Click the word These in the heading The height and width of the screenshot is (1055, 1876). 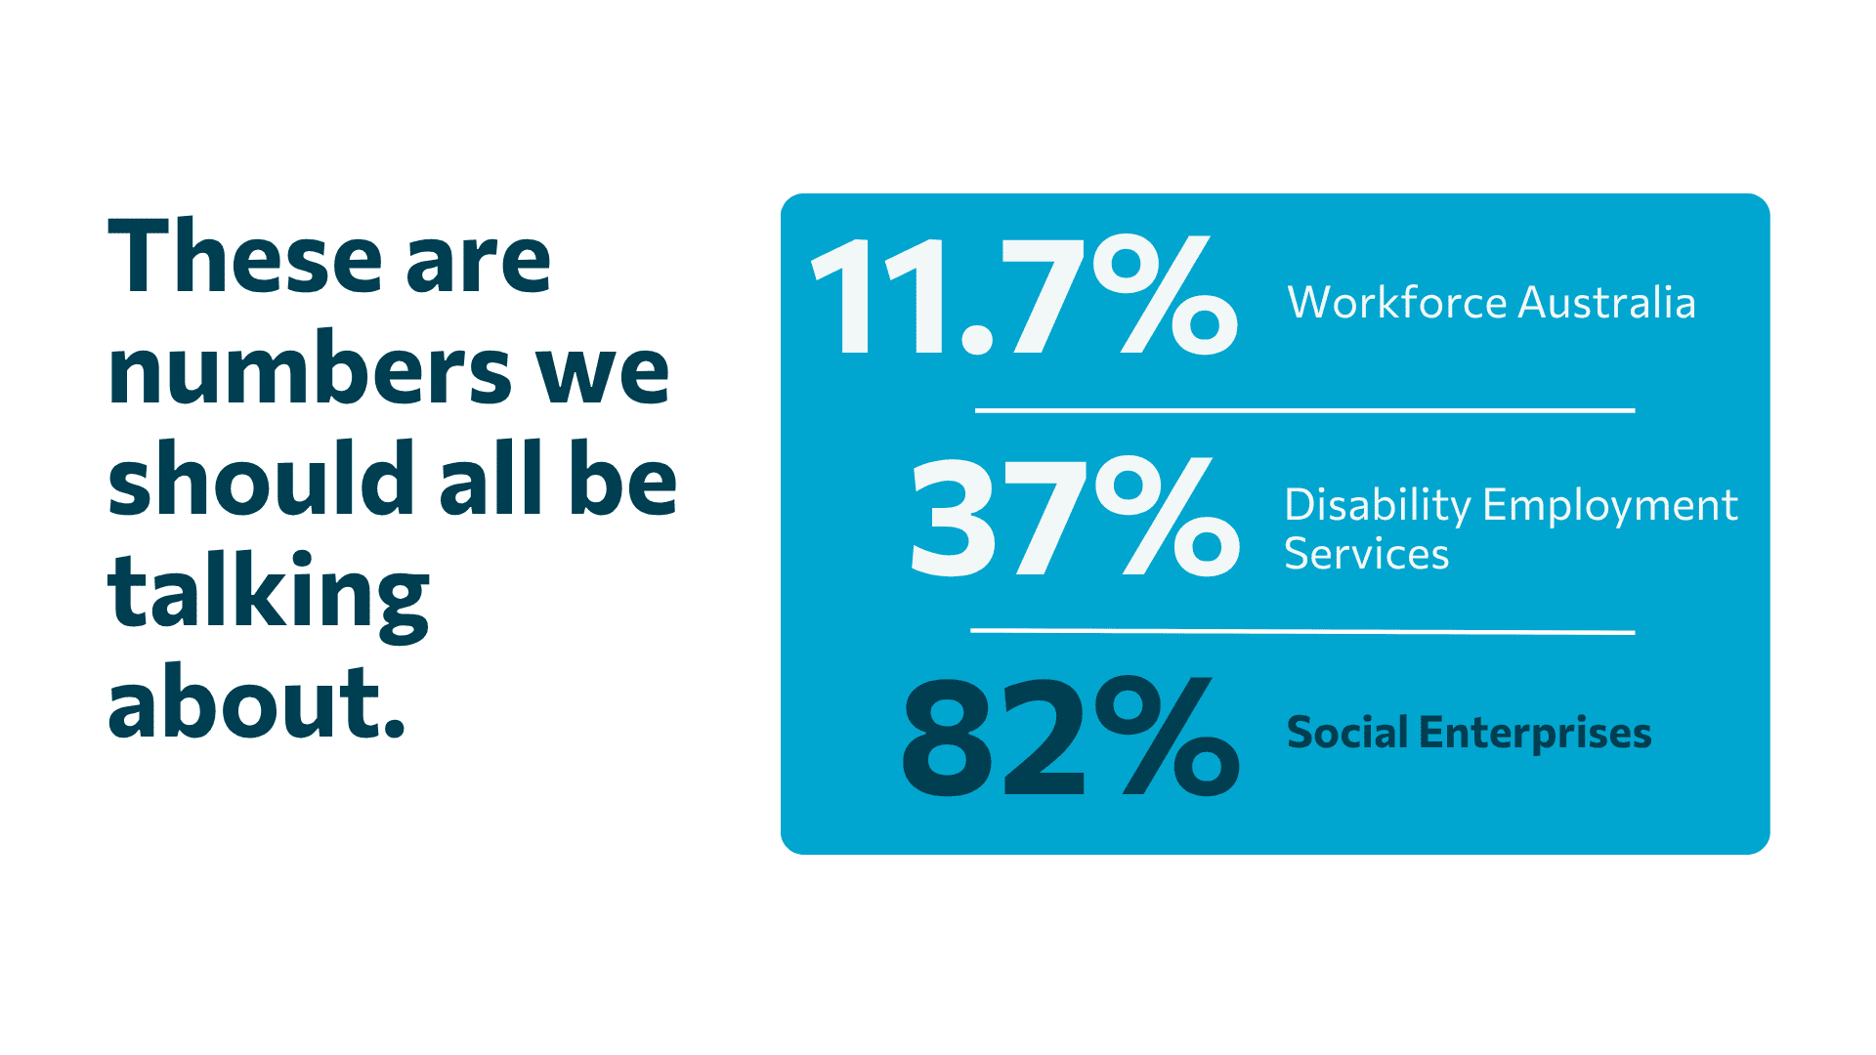tap(245, 256)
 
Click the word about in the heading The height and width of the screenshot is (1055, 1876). tap(256, 700)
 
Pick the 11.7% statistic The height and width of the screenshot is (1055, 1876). tap(1025, 295)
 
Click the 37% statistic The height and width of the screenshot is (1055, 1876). tap(1076, 516)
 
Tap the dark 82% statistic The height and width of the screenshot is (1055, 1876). tap(1071, 736)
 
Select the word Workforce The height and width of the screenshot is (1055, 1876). tap(1397, 302)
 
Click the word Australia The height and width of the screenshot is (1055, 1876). tap(1607, 302)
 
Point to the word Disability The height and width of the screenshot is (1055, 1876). tap(1377, 506)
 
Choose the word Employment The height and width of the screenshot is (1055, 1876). tap(1610, 506)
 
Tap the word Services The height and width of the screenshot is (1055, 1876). tap(1366, 554)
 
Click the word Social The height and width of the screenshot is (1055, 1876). tap(1347, 733)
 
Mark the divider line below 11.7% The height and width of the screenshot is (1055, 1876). tap(1304, 410)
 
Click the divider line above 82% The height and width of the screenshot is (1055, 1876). tap(1302, 631)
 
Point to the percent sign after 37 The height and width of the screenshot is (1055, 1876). tap(1168, 516)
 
